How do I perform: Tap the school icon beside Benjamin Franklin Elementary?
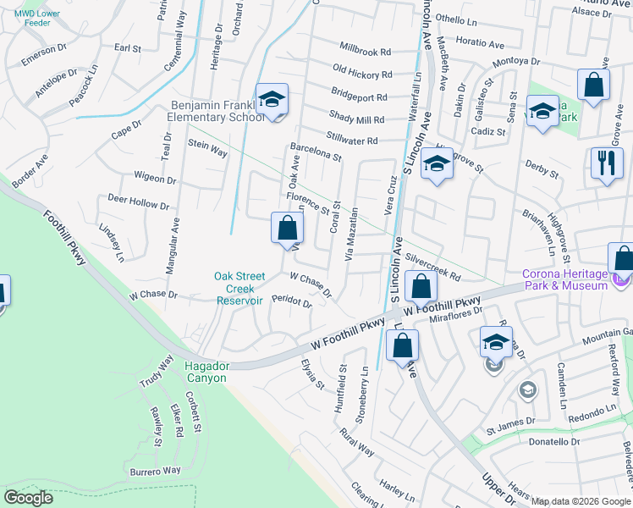click(x=272, y=101)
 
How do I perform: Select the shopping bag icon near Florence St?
click(x=287, y=229)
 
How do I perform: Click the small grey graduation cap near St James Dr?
click(x=527, y=389)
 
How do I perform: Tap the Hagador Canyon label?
click(x=206, y=372)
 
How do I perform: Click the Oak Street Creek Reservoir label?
click(x=239, y=289)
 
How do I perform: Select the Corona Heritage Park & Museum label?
click(x=564, y=280)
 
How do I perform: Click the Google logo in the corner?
click(x=28, y=497)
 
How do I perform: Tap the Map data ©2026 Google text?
click(x=580, y=501)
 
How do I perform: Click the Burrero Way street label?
click(x=155, y=470)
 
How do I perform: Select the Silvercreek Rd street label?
click(x=432, y=266)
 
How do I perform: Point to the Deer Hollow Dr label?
click(x=138, y=202)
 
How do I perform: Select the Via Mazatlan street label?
click(x=352, y=235)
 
